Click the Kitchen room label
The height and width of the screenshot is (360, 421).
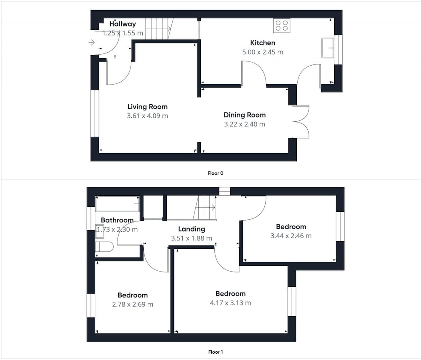click(x=263, y=43)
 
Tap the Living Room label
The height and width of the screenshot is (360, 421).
click(x=147, y=107)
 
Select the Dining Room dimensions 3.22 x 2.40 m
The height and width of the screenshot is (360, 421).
click(x=245, y=124)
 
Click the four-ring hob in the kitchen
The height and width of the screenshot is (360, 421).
click(x=282, y=26)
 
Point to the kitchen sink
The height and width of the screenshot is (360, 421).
click(x=328, y=48)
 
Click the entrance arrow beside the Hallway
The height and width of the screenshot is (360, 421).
click(x=92, y=43)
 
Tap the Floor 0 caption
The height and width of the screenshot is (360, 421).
click(x=215, y=173)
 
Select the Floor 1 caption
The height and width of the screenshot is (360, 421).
click(x=215, y=352)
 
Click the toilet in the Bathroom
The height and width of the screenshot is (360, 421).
click(x=104, y=246)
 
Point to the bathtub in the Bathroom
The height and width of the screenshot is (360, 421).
click(x=117, y=204)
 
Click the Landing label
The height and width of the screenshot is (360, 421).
click(x=192, y=229)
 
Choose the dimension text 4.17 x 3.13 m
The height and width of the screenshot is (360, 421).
click(x=230, y=303)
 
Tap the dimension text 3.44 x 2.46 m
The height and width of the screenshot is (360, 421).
click(x=291, y=236)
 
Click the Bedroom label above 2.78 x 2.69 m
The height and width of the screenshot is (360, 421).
click(x=133, y=295)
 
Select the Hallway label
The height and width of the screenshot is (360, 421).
click(x=123, y=24)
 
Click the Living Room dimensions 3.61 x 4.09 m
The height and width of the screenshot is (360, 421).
click(x=147, y=116)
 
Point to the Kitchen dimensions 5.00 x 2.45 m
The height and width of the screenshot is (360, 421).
click(x=263, y=52)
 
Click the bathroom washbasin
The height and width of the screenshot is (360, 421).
click(x=100, y=232)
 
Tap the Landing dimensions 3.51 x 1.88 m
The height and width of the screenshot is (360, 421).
click(x=192, y=238)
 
